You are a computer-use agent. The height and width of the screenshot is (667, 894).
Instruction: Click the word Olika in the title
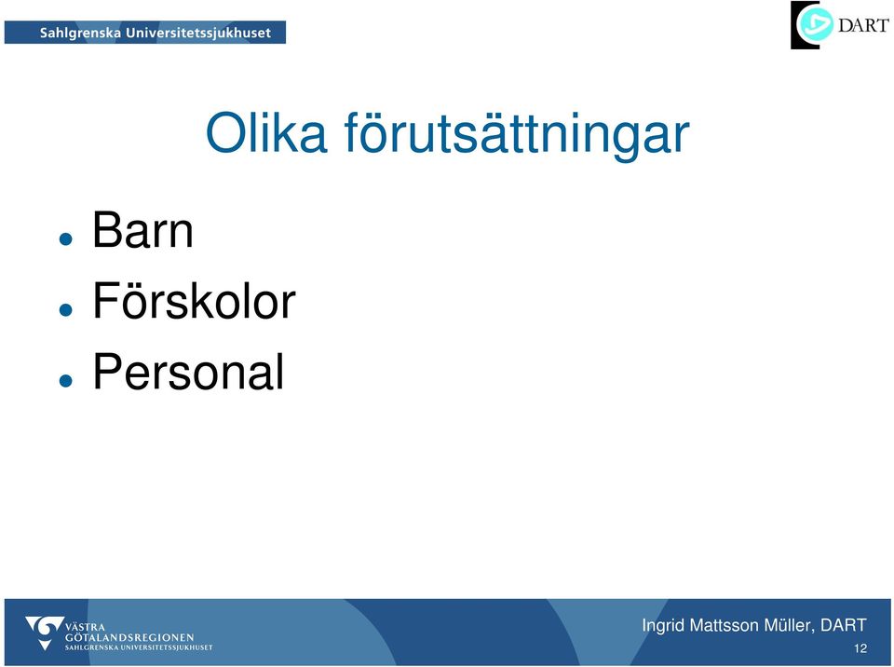click(x=266, y=132)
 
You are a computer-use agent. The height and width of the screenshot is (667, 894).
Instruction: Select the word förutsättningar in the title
click(x=517, y=136)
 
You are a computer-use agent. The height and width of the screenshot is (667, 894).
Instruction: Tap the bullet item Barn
click(x=142, y=230)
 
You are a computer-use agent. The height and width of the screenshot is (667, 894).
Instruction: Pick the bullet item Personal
click(x=188, y=372)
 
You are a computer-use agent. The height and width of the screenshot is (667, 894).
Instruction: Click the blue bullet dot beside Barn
click(x=65, y=238)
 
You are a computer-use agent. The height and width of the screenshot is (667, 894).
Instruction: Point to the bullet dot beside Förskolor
click(x=65, y=309)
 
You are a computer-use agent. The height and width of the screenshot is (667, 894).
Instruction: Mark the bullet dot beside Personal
click(x=65, y=380)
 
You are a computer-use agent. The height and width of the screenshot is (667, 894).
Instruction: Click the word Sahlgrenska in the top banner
click(x=80, y=34)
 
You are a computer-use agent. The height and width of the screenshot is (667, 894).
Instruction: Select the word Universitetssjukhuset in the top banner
click(x=198, y=34)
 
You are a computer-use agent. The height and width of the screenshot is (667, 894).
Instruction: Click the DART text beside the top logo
click(x=863, y=25)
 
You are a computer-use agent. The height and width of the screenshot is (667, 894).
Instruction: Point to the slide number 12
click(x=860, y=648)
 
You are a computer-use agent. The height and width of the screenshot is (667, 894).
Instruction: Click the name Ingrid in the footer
click(x=663, y=626)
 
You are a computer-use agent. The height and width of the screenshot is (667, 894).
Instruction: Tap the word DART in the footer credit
click(x=844, y=625)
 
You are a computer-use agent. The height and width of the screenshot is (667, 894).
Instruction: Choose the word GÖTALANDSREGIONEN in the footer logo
click(x=129, y=637)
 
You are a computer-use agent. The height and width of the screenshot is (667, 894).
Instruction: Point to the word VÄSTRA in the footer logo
click(x=85, y=627)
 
